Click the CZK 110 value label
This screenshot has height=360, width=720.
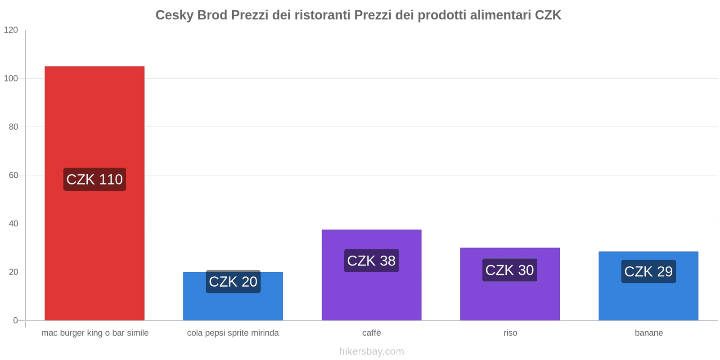coord(94,180)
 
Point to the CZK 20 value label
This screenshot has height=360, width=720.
coord(233,282)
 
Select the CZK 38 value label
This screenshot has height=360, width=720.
coord(371,261)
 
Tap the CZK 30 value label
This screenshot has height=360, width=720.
coord(509,270)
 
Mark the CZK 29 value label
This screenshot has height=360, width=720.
coord(648,271)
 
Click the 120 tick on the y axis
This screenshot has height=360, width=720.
coord(11,30)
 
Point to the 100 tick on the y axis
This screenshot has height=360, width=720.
coord(11,79)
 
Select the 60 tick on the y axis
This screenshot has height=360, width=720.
coord(13,175)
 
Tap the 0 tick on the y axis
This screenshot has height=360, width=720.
coord(16,320)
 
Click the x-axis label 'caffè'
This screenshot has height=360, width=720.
coord(372,333)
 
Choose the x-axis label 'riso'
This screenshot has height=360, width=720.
coord(510,333)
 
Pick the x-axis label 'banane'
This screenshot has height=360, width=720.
coord(649,333)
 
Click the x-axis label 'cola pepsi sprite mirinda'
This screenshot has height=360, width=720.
coord(233,333)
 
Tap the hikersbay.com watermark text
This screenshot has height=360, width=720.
coord(372,351)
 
